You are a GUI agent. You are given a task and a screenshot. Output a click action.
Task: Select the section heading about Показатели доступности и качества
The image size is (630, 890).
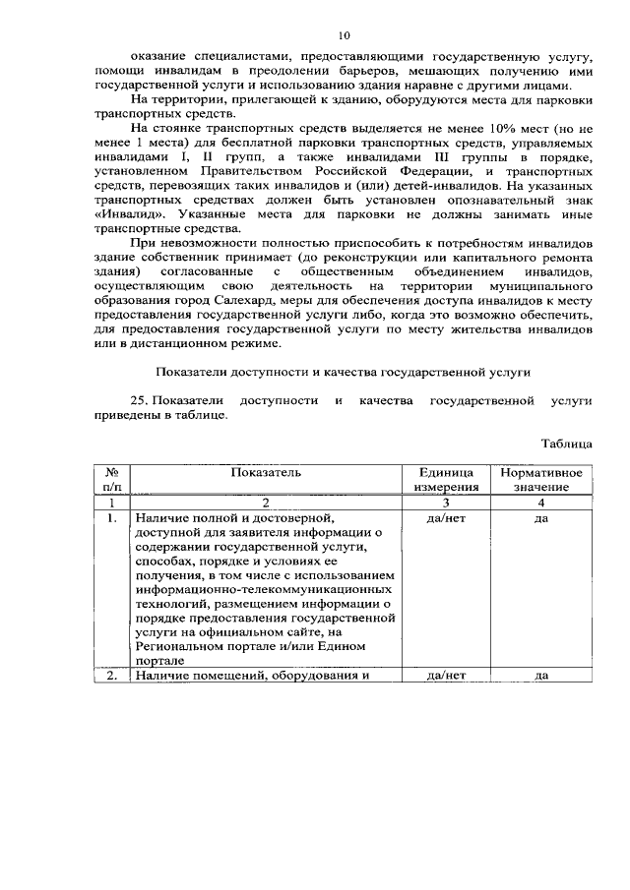coord(344,373)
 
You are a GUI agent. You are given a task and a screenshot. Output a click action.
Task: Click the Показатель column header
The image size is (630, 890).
coord(266,472)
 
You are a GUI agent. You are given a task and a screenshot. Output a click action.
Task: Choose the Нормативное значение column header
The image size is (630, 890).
coord(540,479)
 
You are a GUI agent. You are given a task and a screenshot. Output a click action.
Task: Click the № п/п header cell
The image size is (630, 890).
coord(112,479)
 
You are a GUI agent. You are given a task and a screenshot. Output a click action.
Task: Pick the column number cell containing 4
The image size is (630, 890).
coord(540,502)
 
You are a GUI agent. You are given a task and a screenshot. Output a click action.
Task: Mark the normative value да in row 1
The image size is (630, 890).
coord(540,517)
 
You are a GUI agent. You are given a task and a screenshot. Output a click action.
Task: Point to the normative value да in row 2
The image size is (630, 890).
coord(540,676)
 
